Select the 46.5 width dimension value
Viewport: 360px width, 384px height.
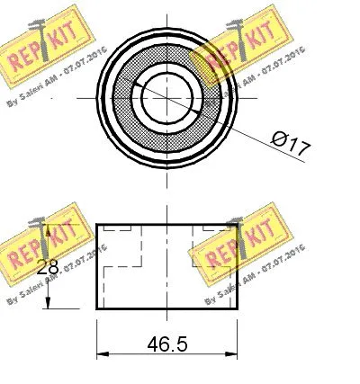click(x=166, y=344)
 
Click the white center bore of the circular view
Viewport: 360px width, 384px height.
click(x=167, y=98)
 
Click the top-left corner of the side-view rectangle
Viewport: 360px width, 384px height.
click(x=96, y=225)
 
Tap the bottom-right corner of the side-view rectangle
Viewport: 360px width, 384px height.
click(x=238, y=308)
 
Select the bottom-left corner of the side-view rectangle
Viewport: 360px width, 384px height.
click(x=96, y=308)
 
